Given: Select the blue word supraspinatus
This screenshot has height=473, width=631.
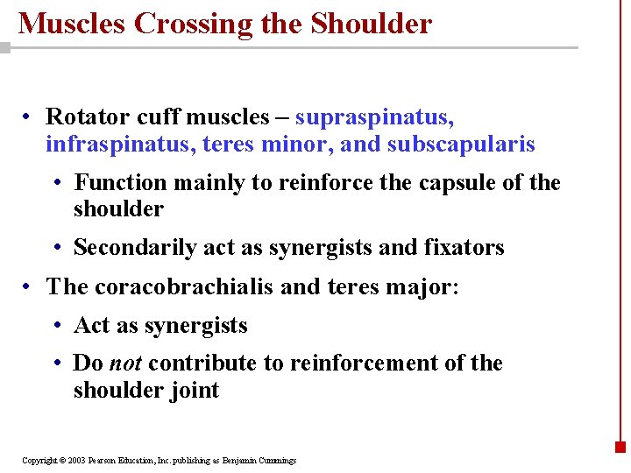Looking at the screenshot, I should pos(374,117).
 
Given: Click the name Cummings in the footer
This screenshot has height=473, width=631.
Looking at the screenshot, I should pos(276,460).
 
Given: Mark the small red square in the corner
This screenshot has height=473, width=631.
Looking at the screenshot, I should pos(620,446).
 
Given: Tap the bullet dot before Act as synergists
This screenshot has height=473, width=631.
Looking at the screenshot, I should pos(55,326).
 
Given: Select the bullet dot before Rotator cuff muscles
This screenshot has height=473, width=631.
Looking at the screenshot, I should pos(28,117).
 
